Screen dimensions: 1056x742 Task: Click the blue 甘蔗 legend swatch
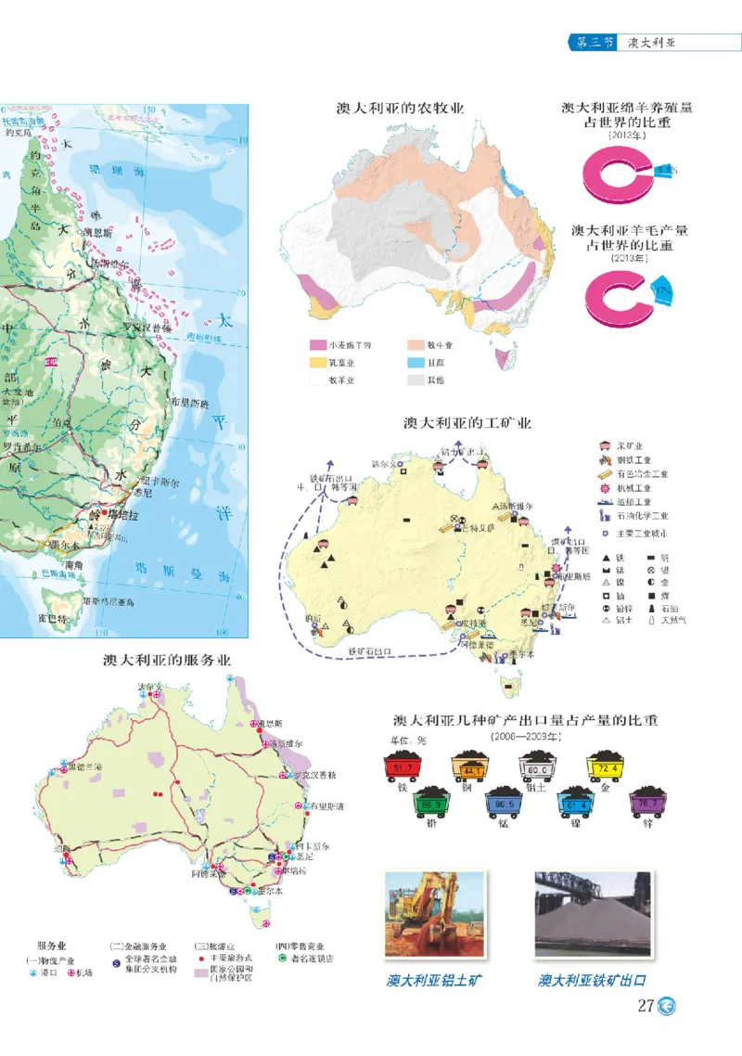click(x=415, y=363)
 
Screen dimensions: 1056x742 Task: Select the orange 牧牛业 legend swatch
click(x=415, y=345)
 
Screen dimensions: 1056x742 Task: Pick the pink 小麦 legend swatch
click(x=318, y=345)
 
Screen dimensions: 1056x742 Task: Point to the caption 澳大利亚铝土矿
click(x=435, y=980)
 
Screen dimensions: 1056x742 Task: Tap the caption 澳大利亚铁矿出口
click(x=592, y=980)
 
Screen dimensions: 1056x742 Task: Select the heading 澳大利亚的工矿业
click(x=467, y=423)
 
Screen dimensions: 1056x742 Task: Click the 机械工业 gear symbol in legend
click(x=607, y=487)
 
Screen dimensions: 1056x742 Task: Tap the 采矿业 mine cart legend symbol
click(x=607, y=445)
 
